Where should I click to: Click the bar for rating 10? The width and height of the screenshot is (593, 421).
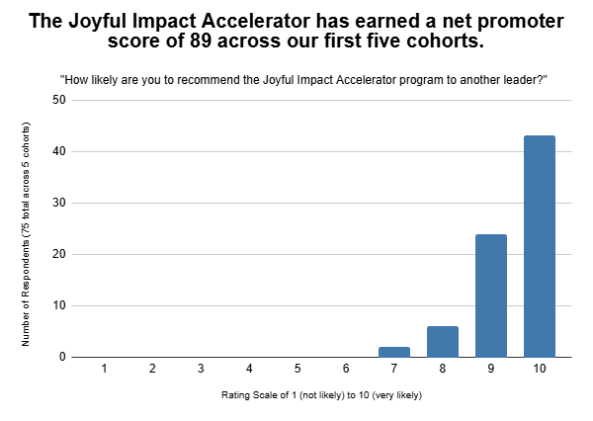pyautogui.click(x=539, y=246)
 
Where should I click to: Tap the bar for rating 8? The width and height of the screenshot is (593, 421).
pyautogui.click(x=442, y=341)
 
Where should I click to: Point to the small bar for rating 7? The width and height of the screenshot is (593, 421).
pyautogui.click(x=393, y=351)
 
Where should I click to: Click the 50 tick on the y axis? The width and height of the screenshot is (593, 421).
pyautogui.click(x=59, y=100)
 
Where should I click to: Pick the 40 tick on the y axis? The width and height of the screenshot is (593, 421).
pyautogui.click(x=59, y=151)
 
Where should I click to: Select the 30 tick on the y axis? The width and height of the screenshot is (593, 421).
pyautogui.click(x=59, y=203)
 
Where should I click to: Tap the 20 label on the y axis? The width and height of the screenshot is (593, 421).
pyautogui.click(x=59, y=254)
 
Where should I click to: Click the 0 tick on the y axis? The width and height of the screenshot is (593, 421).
pyautogui.click(x=62, y=357)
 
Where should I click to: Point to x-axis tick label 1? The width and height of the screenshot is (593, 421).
pyautogui.click(x=104, y=369)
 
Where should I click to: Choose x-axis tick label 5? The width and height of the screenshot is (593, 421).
pyautogui.click(x=297, y=369)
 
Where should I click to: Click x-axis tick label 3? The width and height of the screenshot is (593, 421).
pyautogui.click(x=201, y=369)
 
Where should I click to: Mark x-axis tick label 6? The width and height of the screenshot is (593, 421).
pyautogui.click(x=346, y=369)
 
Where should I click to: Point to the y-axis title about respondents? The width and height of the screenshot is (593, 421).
pyautogui.click(x=30, y=233)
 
